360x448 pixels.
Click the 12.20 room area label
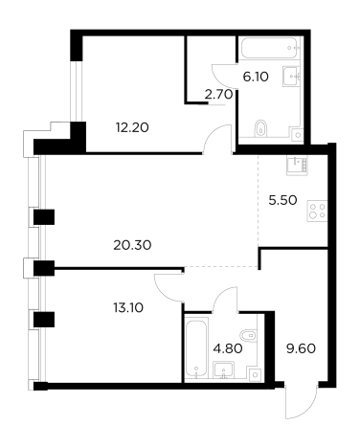coord(132,128)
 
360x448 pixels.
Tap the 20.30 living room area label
coord(132,245)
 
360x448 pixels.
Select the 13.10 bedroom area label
coord(128,308)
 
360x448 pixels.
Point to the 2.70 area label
coord(218,95)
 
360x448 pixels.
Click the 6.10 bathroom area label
coord(256,77)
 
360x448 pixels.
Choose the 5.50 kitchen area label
coord(282,200)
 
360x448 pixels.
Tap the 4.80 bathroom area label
coord(228,348)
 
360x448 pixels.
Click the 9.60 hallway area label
coord(301,348)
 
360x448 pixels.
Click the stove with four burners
coord(317,211)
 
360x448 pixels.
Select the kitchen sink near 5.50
coord(297,166)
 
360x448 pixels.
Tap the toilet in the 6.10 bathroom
coord(261,128)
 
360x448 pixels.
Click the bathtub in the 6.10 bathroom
coord(270,48)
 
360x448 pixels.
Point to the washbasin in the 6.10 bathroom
coord(292,77)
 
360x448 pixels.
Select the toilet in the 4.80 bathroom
coord(248,335)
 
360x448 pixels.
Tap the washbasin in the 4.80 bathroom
coord(224,370)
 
